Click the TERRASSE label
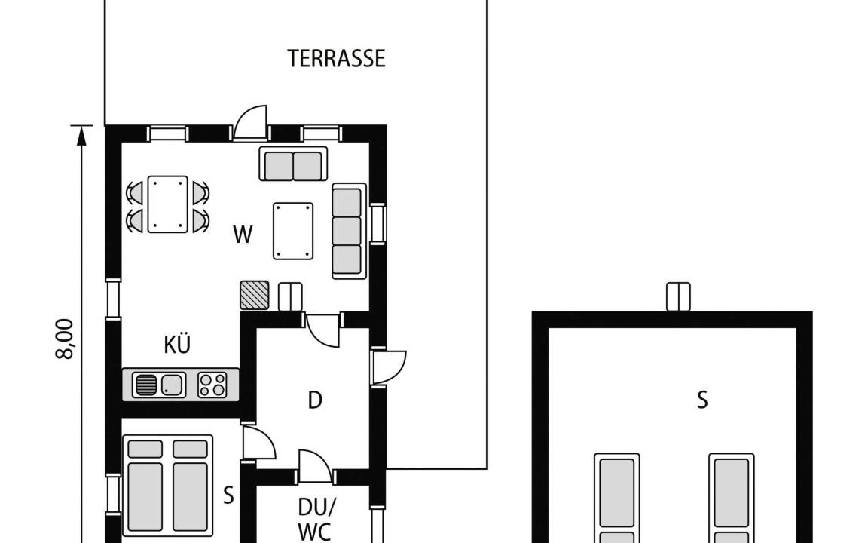(336, 59)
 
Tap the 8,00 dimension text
(65, 339)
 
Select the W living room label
(243, 235)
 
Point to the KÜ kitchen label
(177, 344)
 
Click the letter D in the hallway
(315, 400)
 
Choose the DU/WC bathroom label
(315, 519)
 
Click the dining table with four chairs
(168, 204)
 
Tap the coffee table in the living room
(293, 231)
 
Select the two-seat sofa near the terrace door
(293, 164)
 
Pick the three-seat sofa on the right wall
(349, 231)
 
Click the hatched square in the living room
(255, 295)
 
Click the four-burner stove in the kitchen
(212, 385)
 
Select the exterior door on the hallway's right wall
(389, 367)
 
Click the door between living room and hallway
(322, 331)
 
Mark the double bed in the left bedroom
(168, 486)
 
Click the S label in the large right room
(702, 400)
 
